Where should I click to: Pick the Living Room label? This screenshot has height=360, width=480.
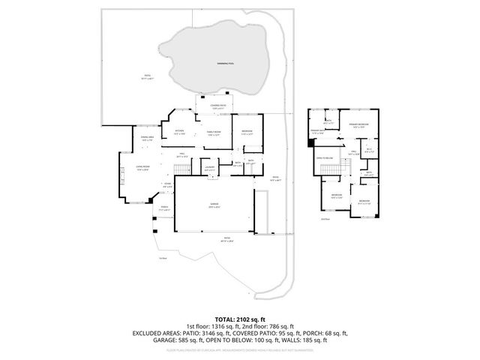tap(142, 168)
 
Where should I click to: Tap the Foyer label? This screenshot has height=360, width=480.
tap(167, 184)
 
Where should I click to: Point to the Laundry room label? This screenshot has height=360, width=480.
tap(209, 169)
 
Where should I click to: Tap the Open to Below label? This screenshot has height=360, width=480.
tap(325, 158)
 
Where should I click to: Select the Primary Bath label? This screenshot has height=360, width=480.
tap(317, 131)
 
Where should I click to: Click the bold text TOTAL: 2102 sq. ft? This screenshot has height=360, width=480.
tap(239, 319)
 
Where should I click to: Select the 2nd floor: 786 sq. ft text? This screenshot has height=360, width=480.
tap(271, 325)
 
